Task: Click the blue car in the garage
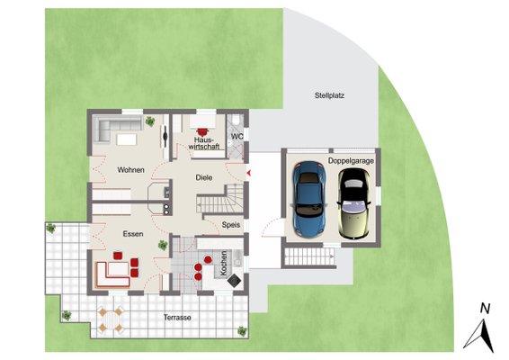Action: pyautogui.click(x=309, y=199)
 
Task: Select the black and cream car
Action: pyautogui.click(x=353, y=203)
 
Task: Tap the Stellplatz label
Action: pyautogui.click(x=329, y=95)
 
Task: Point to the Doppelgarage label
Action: pyautogui.click(x=351, y=161)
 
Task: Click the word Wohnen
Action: pyautogui.click(x=130, y=170)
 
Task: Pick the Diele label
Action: pyautogui.click(x=204, y=177)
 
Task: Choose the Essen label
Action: pyautogui.click(x=133, y=234)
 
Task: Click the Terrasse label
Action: pyautogui.click(x=177, y=318)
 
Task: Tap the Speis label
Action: pyautogui.click(x=231, y=225)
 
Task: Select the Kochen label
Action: pyautogui.click(x=224, y=263)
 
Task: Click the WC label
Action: pyautogui.click(x=237, y=137)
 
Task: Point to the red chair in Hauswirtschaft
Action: pyautogui.click(x=203, y=131)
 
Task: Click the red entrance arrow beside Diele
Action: pyautogui.click(x=249, y=173)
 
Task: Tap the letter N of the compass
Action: pyautogui.click(x=485, y=309)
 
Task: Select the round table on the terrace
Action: pyautogui.click(x=111, y=319)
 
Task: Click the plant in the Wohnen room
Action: pyautogui.click(x=150, y=121)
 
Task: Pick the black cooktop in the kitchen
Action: pyautogui.click(x=235, y=280)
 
